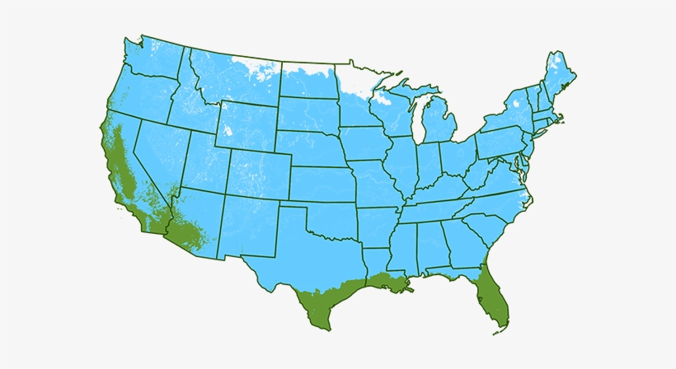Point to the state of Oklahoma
tap(334, 218)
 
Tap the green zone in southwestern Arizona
tap(186, 234)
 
